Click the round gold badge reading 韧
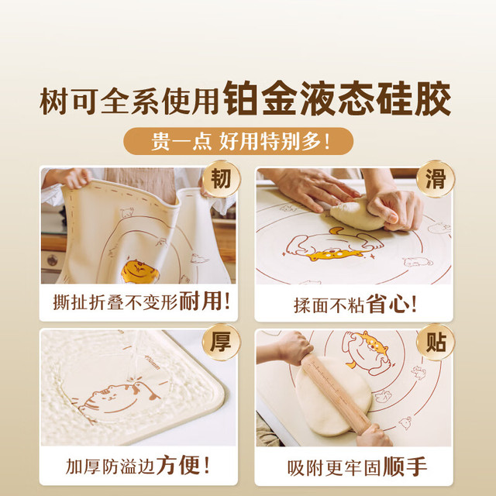pyautogui.click(x=221, y=179)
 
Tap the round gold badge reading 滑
pyautogui.click(x=436, y=179)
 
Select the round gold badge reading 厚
pyautogui.click(x=221, y=342)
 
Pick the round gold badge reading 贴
pyautogui.click(x=436, y=342)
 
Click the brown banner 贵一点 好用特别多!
pyautogui.click(x=238, y=141)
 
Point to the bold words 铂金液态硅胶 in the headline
pyautogui.click(x=337, y=98)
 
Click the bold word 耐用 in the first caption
pyautogui.click(x=201, y=301)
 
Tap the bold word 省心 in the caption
pyautogui.click(x=387, y=305)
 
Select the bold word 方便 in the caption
pyautogui.click(x=178, y=465)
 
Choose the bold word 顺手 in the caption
pyautogui.click(x=405, y=467)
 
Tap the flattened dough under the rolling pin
pyautogui.click(x=334, y=397)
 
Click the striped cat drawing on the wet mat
pyautogui.click(x=119, y=399)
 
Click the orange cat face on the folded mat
pyautogui.click(x=139, y=271)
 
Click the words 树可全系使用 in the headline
pyautogui.click(x=129, y=102)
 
